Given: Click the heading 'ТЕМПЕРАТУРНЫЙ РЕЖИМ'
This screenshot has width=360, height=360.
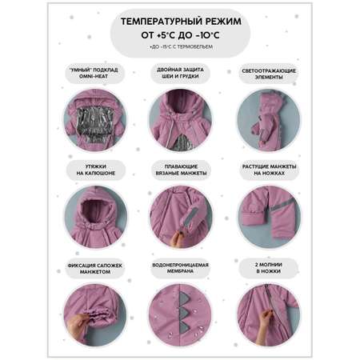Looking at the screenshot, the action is [x=181, y=22].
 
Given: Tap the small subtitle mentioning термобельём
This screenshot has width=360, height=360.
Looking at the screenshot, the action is [x=181, y=46].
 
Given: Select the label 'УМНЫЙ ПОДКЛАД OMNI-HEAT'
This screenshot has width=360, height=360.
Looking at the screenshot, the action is [x=94, y=73].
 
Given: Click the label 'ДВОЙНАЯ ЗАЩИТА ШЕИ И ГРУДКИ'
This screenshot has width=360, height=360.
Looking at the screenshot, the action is [x=180, y=73].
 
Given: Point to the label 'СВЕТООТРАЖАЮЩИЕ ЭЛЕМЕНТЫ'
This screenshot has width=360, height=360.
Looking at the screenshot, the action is [x=269, y=74].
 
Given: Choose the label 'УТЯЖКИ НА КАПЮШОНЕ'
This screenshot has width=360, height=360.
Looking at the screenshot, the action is [x=96, y=170].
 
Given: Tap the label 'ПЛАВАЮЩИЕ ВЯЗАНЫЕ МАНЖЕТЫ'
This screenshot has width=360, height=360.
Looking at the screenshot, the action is [x=181, y=170].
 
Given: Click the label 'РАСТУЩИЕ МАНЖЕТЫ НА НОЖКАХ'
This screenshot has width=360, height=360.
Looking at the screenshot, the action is [x=269, y=170].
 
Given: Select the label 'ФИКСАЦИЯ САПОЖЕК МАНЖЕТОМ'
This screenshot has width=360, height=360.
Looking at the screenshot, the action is [x=95, y=269].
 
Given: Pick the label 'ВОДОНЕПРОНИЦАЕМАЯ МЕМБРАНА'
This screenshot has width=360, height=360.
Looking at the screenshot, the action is [x=180, y=268].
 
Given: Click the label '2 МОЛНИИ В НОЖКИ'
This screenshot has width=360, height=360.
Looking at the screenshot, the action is [x=269, y=268].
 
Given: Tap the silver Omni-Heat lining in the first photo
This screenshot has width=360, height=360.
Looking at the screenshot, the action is [x=94, y=123].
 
